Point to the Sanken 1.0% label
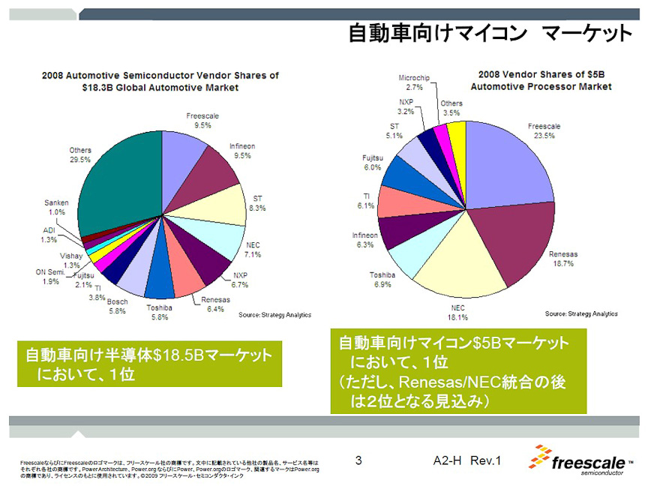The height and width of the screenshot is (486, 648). tap(57, 207)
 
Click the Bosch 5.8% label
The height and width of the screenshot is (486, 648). tap(117, 306)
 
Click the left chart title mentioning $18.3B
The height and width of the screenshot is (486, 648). tap(160, 81)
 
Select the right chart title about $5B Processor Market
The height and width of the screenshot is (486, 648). tap(541, 80)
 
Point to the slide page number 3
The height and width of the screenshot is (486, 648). tap(359, 460)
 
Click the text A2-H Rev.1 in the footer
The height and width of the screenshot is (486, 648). tap(466, 460)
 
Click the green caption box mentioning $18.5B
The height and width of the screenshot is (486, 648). tap(149, 364)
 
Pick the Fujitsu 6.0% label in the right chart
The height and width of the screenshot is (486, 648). tap(373, 163)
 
